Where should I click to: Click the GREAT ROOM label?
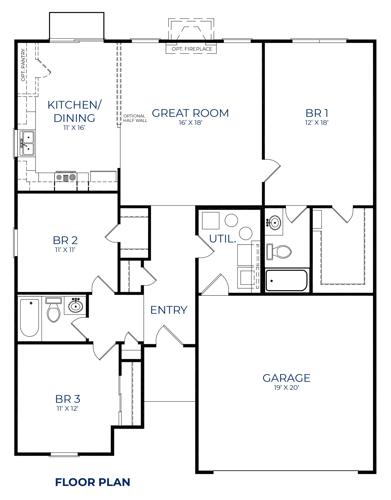190,113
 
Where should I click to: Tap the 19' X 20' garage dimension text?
286,388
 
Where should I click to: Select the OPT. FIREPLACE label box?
191,49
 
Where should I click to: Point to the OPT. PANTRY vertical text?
23,65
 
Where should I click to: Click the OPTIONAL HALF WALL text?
135,118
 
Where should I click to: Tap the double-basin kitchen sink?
27,143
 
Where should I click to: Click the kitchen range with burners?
66,177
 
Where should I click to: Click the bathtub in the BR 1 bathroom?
286,281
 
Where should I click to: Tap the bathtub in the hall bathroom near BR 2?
30,317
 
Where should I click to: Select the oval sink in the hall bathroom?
76,307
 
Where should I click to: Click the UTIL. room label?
223,239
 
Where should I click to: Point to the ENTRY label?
169,310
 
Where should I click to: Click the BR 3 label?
68,399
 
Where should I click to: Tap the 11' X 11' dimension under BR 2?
65,250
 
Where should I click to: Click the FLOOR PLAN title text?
92,482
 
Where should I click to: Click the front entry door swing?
170,335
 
